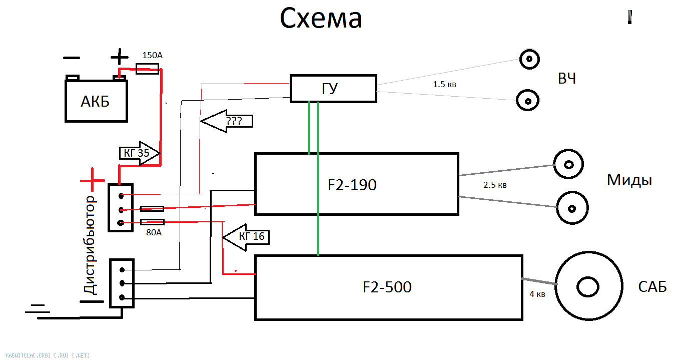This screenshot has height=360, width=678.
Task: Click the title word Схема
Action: coord(321,19)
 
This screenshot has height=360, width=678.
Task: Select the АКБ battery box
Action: coord(96,100)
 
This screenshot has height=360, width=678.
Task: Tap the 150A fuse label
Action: coord(153,55)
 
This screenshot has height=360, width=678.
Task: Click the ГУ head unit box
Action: coord(333,89)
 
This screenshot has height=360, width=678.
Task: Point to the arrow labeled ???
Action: coord(227,121)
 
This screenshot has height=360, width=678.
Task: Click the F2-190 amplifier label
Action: coord(352,185)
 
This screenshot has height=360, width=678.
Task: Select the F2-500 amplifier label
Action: coord(387,287)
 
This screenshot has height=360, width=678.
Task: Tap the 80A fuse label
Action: coord(153,232)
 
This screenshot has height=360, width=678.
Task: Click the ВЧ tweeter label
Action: coord(566,79)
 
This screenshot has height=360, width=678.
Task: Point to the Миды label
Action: coord(629,180)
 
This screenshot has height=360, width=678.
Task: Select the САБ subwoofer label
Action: coord(652,287)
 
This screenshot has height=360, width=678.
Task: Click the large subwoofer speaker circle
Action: coord(588,287)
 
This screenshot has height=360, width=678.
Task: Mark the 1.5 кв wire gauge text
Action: coord(444,85)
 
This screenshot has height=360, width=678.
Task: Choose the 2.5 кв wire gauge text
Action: coord(495,185)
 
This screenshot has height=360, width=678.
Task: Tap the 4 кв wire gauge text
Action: coord(537,294)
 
